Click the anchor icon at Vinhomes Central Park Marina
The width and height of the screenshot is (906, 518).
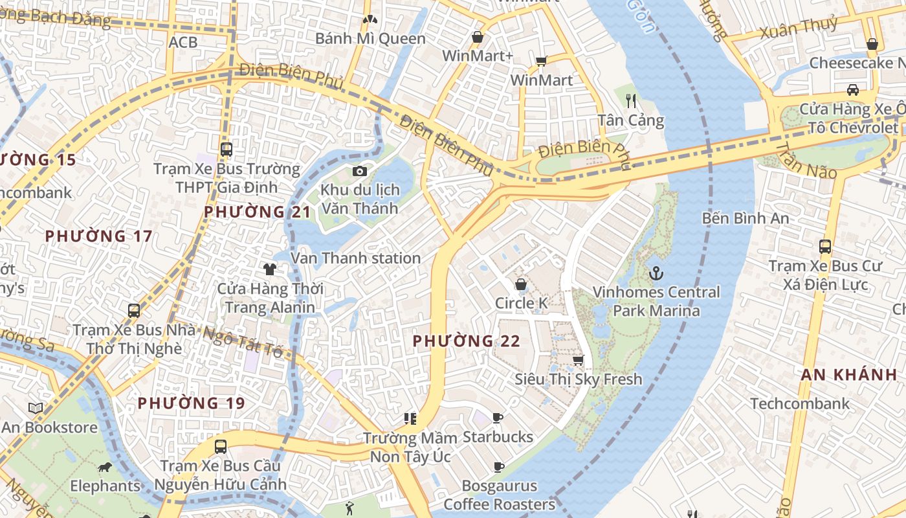tap(656, 273)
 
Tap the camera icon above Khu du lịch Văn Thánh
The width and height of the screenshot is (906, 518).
tap(360, 171)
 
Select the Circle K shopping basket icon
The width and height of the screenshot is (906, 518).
tap(521, 284)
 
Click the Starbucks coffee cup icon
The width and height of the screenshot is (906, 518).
tap(497, 418)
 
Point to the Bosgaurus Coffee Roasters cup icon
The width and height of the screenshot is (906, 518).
tap(498, 467)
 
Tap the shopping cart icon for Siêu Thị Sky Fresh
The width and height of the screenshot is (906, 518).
tap(578, 360)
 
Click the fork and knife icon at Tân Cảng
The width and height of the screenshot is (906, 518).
tap(632, 100)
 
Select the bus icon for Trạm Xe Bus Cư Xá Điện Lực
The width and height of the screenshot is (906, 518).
tap(824, 246)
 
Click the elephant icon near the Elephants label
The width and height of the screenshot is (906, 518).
tap(105, 467)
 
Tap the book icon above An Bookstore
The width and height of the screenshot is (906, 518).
tap(36, 409)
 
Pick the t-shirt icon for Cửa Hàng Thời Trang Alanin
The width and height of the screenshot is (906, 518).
tap(270, 269)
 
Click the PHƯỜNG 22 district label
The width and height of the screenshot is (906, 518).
tap(466, 341)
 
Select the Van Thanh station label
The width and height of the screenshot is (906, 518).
tap(355, 258)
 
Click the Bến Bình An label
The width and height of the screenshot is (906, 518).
tap(746, 218)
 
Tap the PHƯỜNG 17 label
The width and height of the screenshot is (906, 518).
tap(98, 236)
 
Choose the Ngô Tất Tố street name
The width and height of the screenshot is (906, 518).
tap(243, 341)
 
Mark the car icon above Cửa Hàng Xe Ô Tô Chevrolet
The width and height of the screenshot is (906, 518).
tap(853, 89)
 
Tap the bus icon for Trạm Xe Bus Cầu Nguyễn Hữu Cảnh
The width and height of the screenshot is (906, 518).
tap(221, 446)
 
